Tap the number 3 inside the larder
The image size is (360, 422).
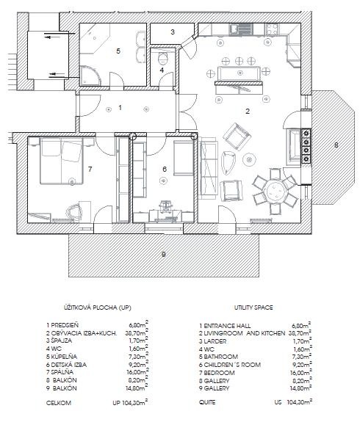[x=172, y=32]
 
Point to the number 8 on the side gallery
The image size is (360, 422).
[x=336, y=145]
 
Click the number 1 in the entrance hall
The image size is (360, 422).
[x=120, y=108]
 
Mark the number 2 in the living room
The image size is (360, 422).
[x=248, y=112]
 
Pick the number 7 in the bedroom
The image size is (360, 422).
[x=89, y=169]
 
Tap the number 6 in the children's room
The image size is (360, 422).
[x=165, y=170]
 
